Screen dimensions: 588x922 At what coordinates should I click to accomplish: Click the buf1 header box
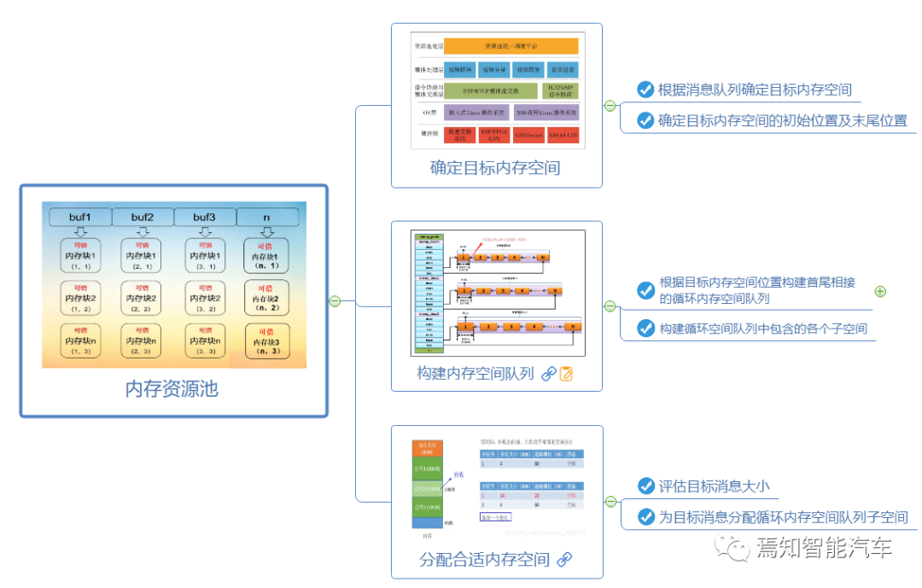[79, 217]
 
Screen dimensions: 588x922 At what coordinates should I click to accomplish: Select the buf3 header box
[204, 217]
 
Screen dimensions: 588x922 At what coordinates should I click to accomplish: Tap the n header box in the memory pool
[266, 217]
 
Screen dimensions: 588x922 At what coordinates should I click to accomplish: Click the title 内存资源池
[172, 389]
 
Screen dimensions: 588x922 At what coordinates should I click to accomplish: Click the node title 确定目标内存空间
[495, 167]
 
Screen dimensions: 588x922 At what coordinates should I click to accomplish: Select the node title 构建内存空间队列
[475, 373]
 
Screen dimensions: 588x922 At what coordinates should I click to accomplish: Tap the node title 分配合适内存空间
[484, 560]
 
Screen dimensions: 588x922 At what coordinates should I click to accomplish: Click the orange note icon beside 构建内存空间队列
[566, 373]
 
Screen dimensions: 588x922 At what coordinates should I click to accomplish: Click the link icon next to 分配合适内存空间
[564, 560]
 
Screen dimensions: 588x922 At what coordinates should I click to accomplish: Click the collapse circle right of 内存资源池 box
[336, 300]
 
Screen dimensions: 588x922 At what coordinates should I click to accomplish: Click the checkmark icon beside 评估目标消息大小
[645, 486]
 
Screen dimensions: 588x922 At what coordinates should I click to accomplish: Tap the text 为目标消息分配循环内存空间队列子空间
[783, 517]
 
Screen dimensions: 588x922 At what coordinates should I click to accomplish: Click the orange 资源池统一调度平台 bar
[511, 45]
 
